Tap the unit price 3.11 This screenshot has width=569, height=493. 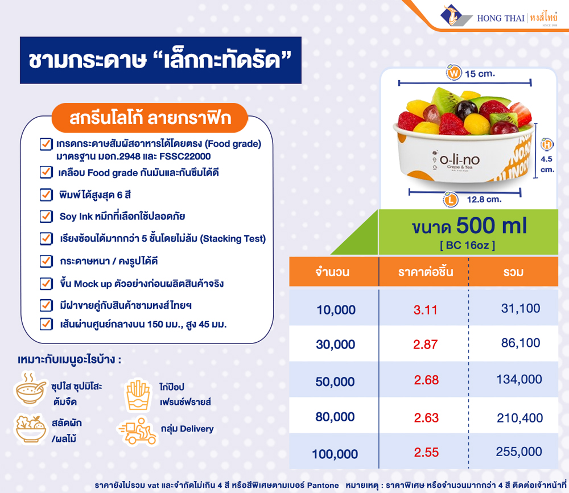tap(426, 309)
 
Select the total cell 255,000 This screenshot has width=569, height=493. tap(519, 452)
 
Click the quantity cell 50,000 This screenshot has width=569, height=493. tap(335, 382)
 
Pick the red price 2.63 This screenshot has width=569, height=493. tap(426, 418)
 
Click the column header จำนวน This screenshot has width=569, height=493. tap(332, 272)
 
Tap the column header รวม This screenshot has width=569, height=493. tap(514, 272)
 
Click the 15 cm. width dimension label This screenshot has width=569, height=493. tap(480, 74)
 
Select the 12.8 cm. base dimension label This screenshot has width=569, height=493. tap(484, 199)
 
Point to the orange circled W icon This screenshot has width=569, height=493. tap(453, 74)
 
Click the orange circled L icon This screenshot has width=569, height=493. tap(451, 200)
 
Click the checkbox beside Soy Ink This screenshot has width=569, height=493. tap(46, 217)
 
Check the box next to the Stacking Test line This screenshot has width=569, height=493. tap(46, 239)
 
